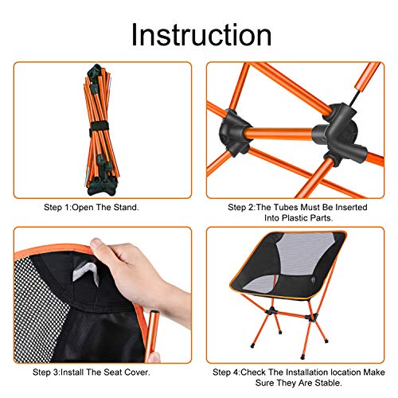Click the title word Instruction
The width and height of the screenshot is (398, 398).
201,35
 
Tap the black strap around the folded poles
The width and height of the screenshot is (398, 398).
102,128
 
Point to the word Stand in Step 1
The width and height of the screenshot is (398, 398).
127,207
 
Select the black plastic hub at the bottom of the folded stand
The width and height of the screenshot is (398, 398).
103,184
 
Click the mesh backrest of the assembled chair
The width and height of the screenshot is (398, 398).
298,255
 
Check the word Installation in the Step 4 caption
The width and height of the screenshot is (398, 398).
306,371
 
